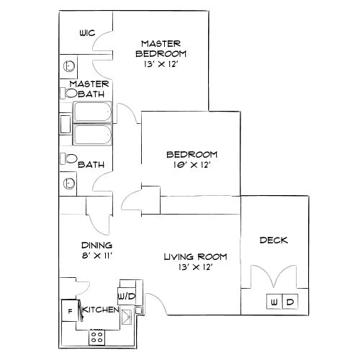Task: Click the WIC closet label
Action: (87, 33)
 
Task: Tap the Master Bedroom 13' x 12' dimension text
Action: (161, 64)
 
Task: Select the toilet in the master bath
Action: (68, 93)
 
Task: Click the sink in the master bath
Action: (69, 66)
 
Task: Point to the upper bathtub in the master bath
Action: (92, 112)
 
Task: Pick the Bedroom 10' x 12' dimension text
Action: (192, 165)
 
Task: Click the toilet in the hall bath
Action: (68, 158)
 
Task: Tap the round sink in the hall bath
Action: (69, 184)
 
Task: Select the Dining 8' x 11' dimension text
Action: (97, 256)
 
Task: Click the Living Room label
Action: (195, 257)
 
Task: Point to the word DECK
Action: (274, 240)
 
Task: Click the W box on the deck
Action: (274, 302)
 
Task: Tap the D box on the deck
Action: (290, 302)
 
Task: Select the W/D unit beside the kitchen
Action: (127, 296)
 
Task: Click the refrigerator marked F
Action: (70, 311)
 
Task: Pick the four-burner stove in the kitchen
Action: (97, 337)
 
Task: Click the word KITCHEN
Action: (101, 310)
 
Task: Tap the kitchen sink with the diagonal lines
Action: (127, 318)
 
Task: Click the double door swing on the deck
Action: (274, 276)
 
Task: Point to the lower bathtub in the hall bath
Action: (92, 135)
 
